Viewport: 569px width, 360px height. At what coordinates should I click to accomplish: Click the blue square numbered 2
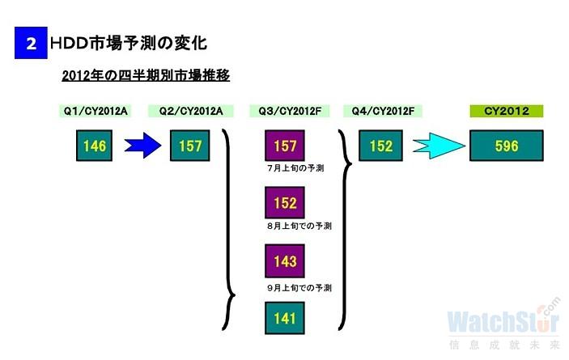pos(31,43)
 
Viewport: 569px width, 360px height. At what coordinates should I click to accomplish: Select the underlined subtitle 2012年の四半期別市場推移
pos(146,75)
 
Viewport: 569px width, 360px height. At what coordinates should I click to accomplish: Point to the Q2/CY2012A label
pos(190,111)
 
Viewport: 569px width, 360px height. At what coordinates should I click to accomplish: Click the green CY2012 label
pos(507,111)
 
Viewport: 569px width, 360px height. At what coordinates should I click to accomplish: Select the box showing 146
pos(94,146)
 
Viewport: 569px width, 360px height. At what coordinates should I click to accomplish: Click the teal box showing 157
pos(190,146)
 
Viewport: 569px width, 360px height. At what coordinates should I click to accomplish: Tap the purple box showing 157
pos(286,146)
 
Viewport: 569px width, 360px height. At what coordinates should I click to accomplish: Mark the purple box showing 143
pos(286,261)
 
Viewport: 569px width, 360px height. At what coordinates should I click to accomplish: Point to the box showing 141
pos(286,318)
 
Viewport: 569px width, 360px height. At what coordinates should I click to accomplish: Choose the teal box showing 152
pos(381,146)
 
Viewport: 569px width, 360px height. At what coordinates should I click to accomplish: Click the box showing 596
pos(507,146)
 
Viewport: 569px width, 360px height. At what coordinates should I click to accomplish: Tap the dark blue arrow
pos(143,146)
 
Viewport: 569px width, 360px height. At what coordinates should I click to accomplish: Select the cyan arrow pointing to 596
pos(438,146)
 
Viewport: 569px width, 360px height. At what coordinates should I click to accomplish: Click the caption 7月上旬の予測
pos(295,168)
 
